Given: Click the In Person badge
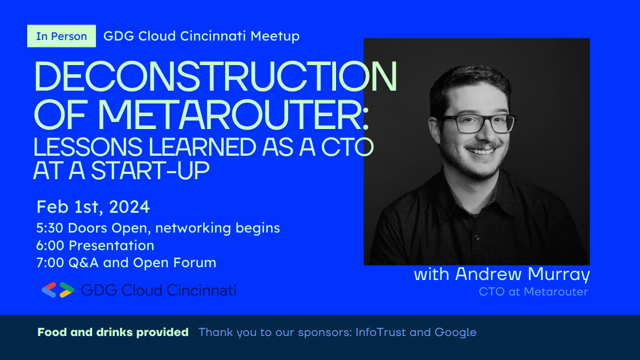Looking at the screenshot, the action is pyautogui.click(x=61, y=36).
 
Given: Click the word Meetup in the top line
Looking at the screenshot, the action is pyautogui.click(x=275, y=36).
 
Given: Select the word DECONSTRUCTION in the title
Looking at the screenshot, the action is pyautogui.click(x=215, y=76).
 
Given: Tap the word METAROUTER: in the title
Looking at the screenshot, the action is pyautogui.click(x=233, y=115).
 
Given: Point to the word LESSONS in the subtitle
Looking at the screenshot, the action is pyautogui.click(x=88, y=147).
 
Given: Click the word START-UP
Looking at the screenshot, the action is pyautogui.click(x=150, y=171).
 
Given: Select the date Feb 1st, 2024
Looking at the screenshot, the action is pyautogui.click(x=93, y=207).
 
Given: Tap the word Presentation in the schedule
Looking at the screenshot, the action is pyautogui.click(x=111, y=245).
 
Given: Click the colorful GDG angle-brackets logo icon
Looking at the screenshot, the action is pyautogui.click(x=58, y=290).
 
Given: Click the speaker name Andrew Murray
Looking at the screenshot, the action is pyautogui.click(x=523, y=274).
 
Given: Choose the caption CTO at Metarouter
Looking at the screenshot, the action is pyautogui.click(x=533, y=292).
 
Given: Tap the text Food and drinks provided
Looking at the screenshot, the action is pyautogui.click(x=113, y=332).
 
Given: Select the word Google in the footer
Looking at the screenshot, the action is pyautogui.click(x=455, y=333).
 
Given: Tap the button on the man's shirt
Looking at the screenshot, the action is pyautogui.click(x=477, y=237).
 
